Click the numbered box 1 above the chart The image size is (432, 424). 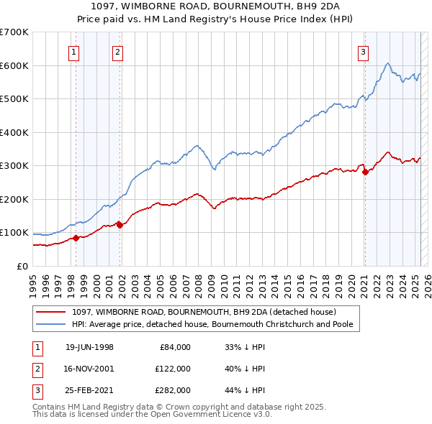click(x=75, y=52)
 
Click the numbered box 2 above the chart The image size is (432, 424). click(x=117, y=52)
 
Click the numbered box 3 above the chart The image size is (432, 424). click(x=364, y=52)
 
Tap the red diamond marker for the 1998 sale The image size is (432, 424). click(x=76, y=238)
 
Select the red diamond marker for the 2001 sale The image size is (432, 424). click(x=120, y=225)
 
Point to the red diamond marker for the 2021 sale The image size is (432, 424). click(x=365, y=172)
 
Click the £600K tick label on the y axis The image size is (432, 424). click(x=14, y=65)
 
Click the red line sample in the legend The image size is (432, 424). click(x=50, y=312)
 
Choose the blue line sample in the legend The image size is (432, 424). click(x=50, y=324)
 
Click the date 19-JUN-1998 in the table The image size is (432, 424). click(x=89, y=347)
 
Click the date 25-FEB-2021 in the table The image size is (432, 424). click(x=89, y=390)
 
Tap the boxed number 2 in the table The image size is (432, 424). click(x=37, y=369)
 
